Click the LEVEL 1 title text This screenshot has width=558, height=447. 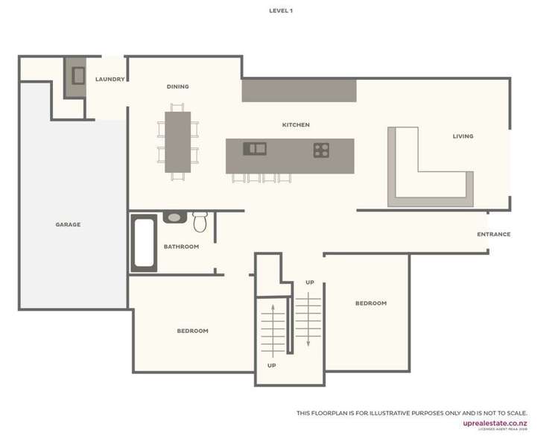pyautogui.click(x=281, y=10)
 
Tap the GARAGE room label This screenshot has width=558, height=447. pyautogui.click(x=68, y=224)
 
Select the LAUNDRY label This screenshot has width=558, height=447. pyautogui.click(x=110, y=79)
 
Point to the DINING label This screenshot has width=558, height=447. pyautogui.click(x=177, y=86)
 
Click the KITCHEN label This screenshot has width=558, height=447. pyautogui.click(x=296, y=124)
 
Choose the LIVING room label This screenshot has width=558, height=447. pyautogui.click(x=463, y=136)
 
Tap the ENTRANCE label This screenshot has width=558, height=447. pyautogui.click(x=493, y=234)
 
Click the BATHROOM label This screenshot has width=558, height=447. pyautogui.click(x=181, y=247)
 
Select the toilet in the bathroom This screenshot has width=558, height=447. pyautogui.click(x=200, y=221)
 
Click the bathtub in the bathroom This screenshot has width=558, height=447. pyautogui.click(x=144, y=243)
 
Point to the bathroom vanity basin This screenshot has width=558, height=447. pyautogui.click(x=174, y=218)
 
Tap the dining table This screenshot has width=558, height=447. pyautogui.click(x=178, y=142)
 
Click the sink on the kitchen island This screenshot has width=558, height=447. pyautogui.click(x=255, y=148)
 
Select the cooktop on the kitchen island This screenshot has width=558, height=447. pyautogui.click(x=321, y=150)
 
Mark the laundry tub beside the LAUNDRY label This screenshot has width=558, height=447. pyautogui.click(x=78, y=75)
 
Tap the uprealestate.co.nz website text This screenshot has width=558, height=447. pyautogui.click(x=495, y=423)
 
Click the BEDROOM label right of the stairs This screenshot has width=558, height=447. pyautogui.click(x=370, y=303)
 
